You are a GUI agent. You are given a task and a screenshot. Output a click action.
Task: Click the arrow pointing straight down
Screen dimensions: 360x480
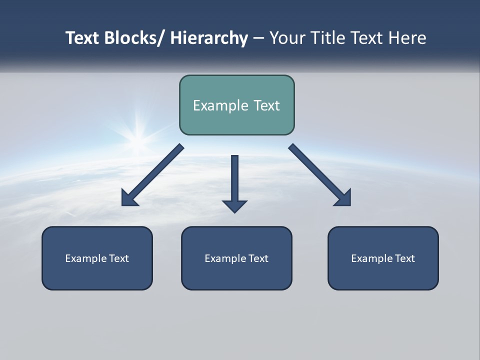click(x=234, y=185)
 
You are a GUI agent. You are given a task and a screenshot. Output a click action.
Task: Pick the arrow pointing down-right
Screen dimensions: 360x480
click(x=320, y=175)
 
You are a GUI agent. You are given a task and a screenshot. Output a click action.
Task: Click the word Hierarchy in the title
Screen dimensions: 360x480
click(x=209, y=38)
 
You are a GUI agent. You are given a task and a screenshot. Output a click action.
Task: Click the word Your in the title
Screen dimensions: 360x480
click(x=287, y=38)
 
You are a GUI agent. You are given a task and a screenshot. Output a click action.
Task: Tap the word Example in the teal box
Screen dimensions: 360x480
click(x=217, y=105)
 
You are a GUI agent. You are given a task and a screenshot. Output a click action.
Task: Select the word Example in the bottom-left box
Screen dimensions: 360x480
click(x=85, y=258)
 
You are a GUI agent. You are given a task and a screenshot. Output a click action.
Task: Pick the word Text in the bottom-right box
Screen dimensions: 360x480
click(x=404, y=258)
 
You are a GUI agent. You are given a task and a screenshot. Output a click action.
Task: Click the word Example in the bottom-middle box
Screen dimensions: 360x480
click(x=225, y=258)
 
